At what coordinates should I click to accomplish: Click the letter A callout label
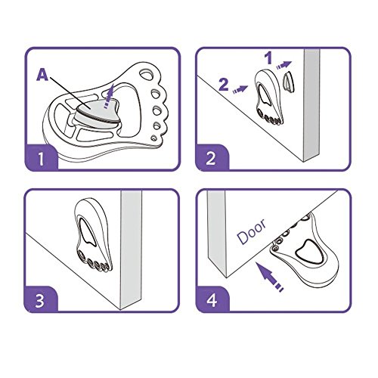tap(42, 75)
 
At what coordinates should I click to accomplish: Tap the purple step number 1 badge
tap(41, 158)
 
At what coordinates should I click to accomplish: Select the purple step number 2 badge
tap(211, 158)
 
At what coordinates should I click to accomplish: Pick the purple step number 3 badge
tap(40, 300)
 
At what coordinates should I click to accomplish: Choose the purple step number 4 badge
tap(212, 300)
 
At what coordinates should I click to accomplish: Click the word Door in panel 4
tap(251, 232)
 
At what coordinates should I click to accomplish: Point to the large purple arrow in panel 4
tap(270, 277)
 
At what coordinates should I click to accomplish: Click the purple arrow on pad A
tap(109, 95)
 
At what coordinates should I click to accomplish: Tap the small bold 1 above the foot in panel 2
tap(269, 58)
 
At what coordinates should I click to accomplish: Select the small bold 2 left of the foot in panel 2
tap(224, 85)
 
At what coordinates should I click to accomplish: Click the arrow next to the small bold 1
tap(284, 65)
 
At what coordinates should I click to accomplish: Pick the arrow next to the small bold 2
tap(240, 89)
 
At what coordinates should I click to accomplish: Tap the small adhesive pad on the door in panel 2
tap(290, 81)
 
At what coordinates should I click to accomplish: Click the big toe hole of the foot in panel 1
tap(146, 75)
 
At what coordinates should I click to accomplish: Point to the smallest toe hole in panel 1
tap(153, 138)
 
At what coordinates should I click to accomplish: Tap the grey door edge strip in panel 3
tap(131, 249)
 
